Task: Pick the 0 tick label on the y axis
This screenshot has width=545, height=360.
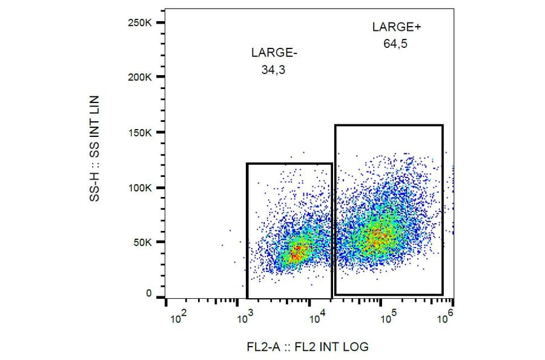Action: point(149,294)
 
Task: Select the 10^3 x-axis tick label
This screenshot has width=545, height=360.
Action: point(245,316)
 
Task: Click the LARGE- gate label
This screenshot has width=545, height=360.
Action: point(274,53)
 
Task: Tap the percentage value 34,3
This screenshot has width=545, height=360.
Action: point(273,70)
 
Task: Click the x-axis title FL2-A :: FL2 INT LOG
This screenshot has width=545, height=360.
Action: point(307,347)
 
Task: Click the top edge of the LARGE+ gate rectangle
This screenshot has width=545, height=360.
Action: point(389,125)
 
